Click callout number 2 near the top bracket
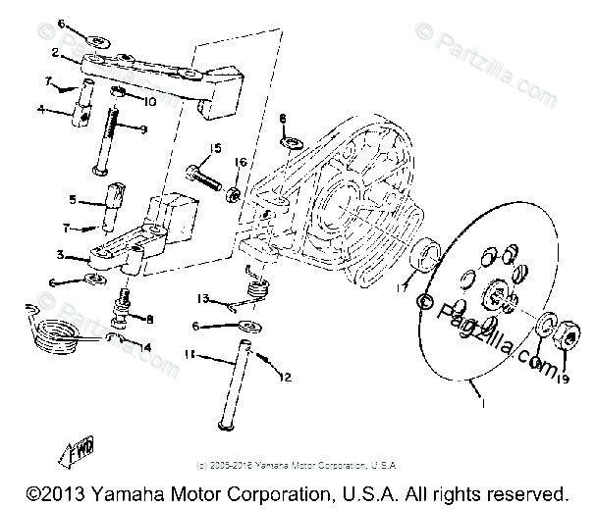point(56,51)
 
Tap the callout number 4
point(40,109)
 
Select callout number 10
point(151,100)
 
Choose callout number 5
point(71,200)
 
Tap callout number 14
point(147,347)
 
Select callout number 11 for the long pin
point(191,357)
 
